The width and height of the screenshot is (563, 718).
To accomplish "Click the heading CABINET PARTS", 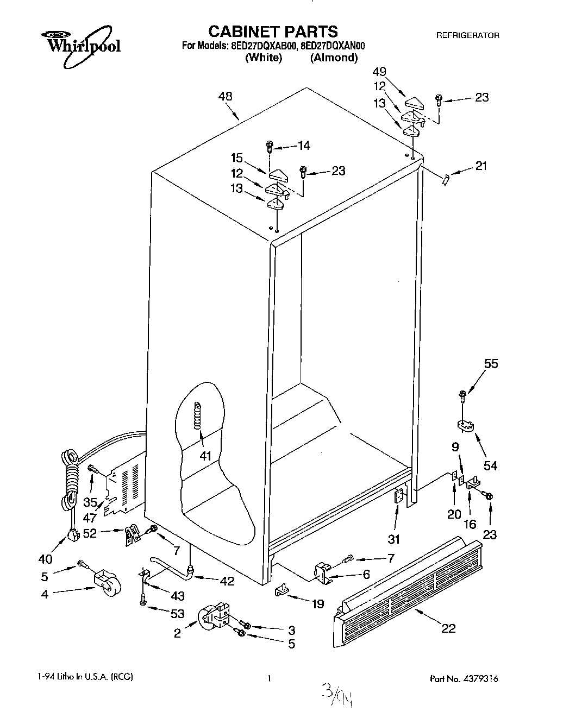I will (x=273, y=31).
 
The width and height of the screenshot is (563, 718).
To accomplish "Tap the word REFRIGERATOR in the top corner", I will (x=467, y=35).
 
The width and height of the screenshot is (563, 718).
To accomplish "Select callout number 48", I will (x=225, y=96).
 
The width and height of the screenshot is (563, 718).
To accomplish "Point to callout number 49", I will (x=379, y=71).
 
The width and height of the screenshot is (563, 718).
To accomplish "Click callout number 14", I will (x=304, y=145).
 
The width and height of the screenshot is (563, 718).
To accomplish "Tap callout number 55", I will (x=491, y=364).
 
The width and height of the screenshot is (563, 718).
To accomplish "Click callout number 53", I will (x=177, y=614).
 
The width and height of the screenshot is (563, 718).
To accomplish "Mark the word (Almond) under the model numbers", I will (x=334, y=58).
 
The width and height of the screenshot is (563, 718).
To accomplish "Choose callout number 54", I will (x=490, y=465).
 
